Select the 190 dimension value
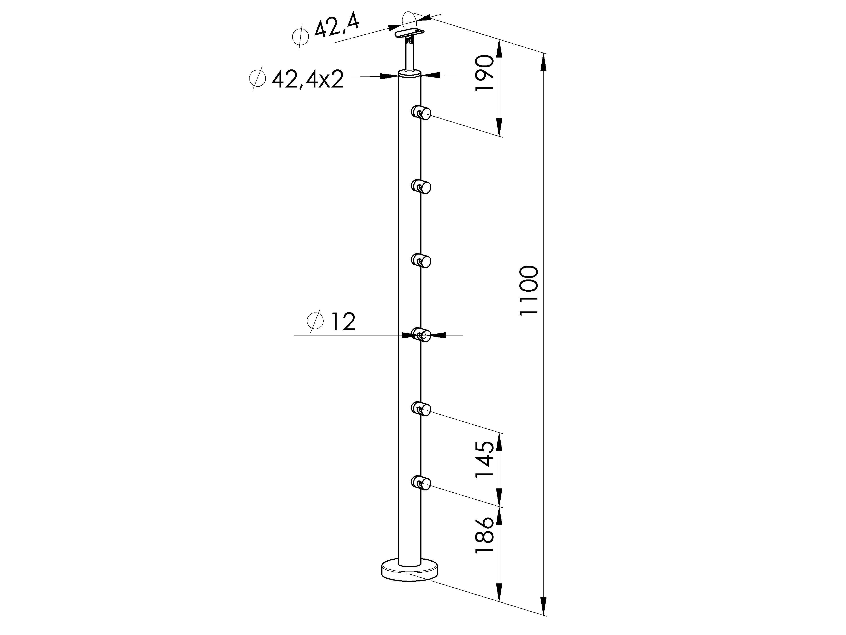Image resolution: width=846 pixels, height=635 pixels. [484, 73]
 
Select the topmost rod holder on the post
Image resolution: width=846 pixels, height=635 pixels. [421, 113]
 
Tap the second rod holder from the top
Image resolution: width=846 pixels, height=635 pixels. [421, 187]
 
